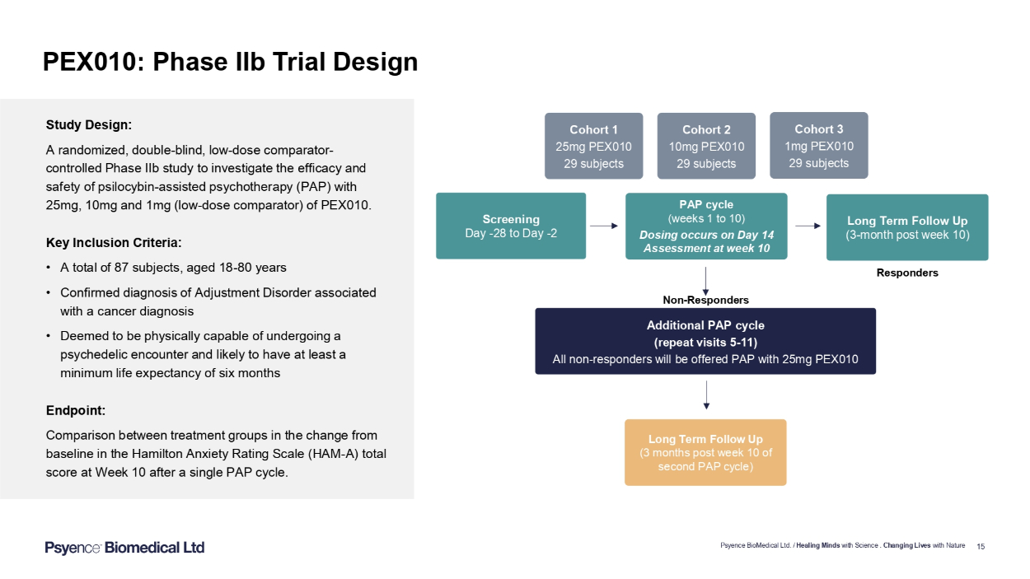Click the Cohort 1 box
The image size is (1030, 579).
pos(593,146)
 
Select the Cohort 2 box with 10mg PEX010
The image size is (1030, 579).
pos(706,146)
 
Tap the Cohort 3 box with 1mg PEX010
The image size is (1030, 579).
pos(818,145)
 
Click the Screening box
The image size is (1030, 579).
pos(511,226)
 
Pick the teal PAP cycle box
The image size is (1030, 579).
pos(706,226)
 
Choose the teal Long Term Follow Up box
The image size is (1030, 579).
pos(906,226)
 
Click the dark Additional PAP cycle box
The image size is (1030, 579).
pos(705,341)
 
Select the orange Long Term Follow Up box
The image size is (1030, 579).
pos(705,452)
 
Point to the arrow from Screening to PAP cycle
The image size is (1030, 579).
pos(604,225)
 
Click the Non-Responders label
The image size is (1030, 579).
pos(705,300)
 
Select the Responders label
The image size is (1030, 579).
pos(907,273)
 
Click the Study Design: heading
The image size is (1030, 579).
pos(89,125)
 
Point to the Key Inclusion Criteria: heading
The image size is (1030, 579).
pos(114,243)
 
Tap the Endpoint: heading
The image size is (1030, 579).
pos(76,410)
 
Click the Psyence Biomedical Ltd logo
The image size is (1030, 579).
pos(124,548)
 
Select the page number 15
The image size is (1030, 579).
pos(981,546)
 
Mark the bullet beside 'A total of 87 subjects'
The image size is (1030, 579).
pos(50,268)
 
